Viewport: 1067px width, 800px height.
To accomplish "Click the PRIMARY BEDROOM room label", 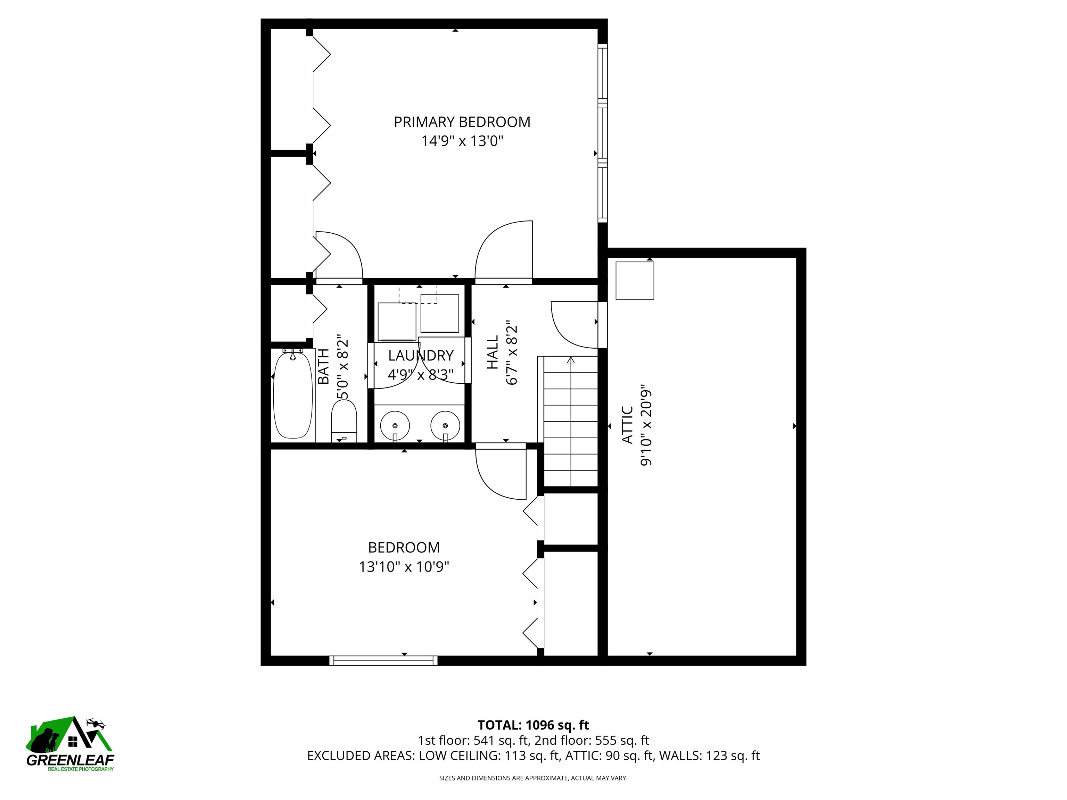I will click(x=462, y=122).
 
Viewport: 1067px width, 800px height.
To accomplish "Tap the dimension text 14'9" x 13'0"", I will click(x=462, y=141).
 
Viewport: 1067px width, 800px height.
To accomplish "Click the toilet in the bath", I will click(x=344, y=420).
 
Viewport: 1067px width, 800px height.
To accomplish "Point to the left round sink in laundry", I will click(x=395, y=426).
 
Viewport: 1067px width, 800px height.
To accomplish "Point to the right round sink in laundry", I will click(x=445, y=426).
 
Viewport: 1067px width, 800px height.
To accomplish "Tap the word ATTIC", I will click(x=627, y=424).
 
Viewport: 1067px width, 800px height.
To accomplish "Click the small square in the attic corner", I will click(x=635, y=280).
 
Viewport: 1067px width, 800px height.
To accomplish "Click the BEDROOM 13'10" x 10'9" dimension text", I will click(x=404, y=567).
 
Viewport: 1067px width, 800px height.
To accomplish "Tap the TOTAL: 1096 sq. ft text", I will click(x=533, y=725).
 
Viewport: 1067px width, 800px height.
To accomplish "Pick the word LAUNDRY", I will click(x=421, y=356).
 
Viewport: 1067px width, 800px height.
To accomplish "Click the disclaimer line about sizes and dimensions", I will click(x=533, y=778).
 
